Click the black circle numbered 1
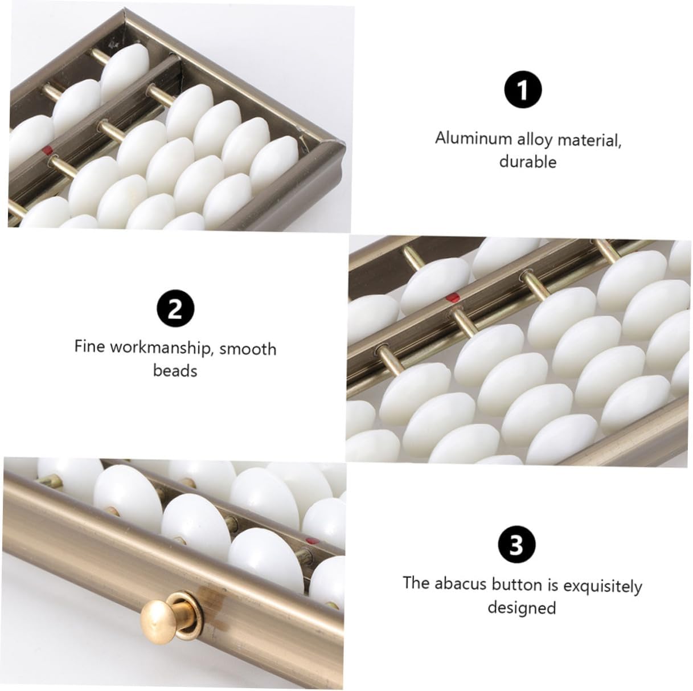point(523,90)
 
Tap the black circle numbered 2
point(175,309)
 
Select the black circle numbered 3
point(517,545)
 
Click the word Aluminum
point(473,138)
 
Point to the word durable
point(527,162)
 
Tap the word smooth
point(248,349)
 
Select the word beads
point(175,370)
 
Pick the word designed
point(522,608)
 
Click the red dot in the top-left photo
point(46,150)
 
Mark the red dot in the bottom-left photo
point(312,540)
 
